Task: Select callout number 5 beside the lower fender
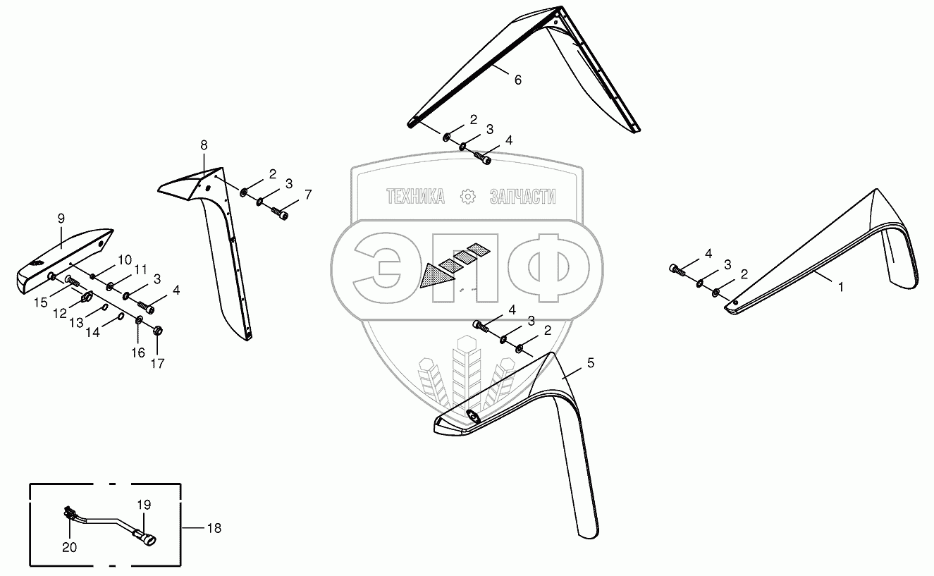tap(590, 363)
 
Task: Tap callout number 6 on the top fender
tap(517, 80)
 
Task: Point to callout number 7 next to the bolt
tap(307, 194)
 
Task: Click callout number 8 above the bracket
tap(204, 145)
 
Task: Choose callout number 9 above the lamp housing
tap(61, 218)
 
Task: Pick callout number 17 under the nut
tap(157, 364)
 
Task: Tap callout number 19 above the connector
tap(144, 505)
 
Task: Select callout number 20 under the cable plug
tap(69, 546)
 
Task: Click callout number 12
tap(60, 312)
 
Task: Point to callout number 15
tap(41, 302)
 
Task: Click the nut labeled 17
tap(158, 329)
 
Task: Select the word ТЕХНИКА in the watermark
tap(415, 197)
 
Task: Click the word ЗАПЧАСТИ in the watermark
tap(522, 197)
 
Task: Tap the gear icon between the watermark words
tap(467, 197)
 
